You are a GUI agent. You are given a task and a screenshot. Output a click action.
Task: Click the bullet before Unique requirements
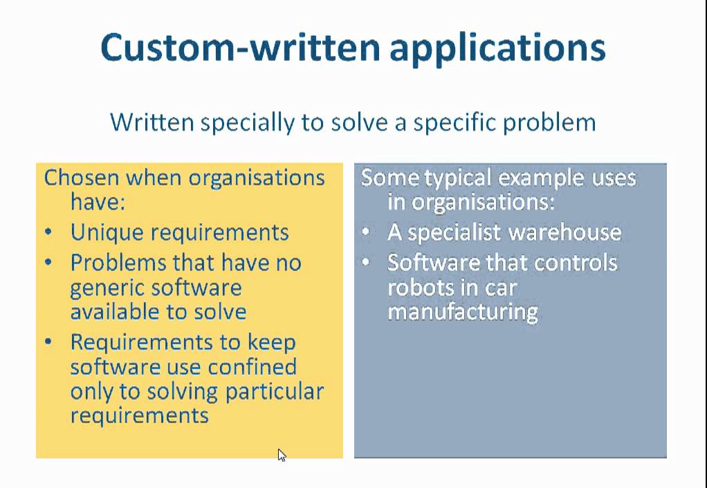(x=48, y=232)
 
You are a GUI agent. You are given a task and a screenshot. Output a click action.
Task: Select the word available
(x=112, y=311)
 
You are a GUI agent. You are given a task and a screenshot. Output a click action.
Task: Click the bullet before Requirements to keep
(x=48, y=342)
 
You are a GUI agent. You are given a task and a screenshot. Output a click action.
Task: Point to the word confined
(x=254, y=366)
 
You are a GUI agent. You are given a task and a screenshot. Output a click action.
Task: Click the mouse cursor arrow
(x=281, y=455)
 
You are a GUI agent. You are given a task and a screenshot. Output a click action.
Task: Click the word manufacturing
(x=463, y=311)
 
